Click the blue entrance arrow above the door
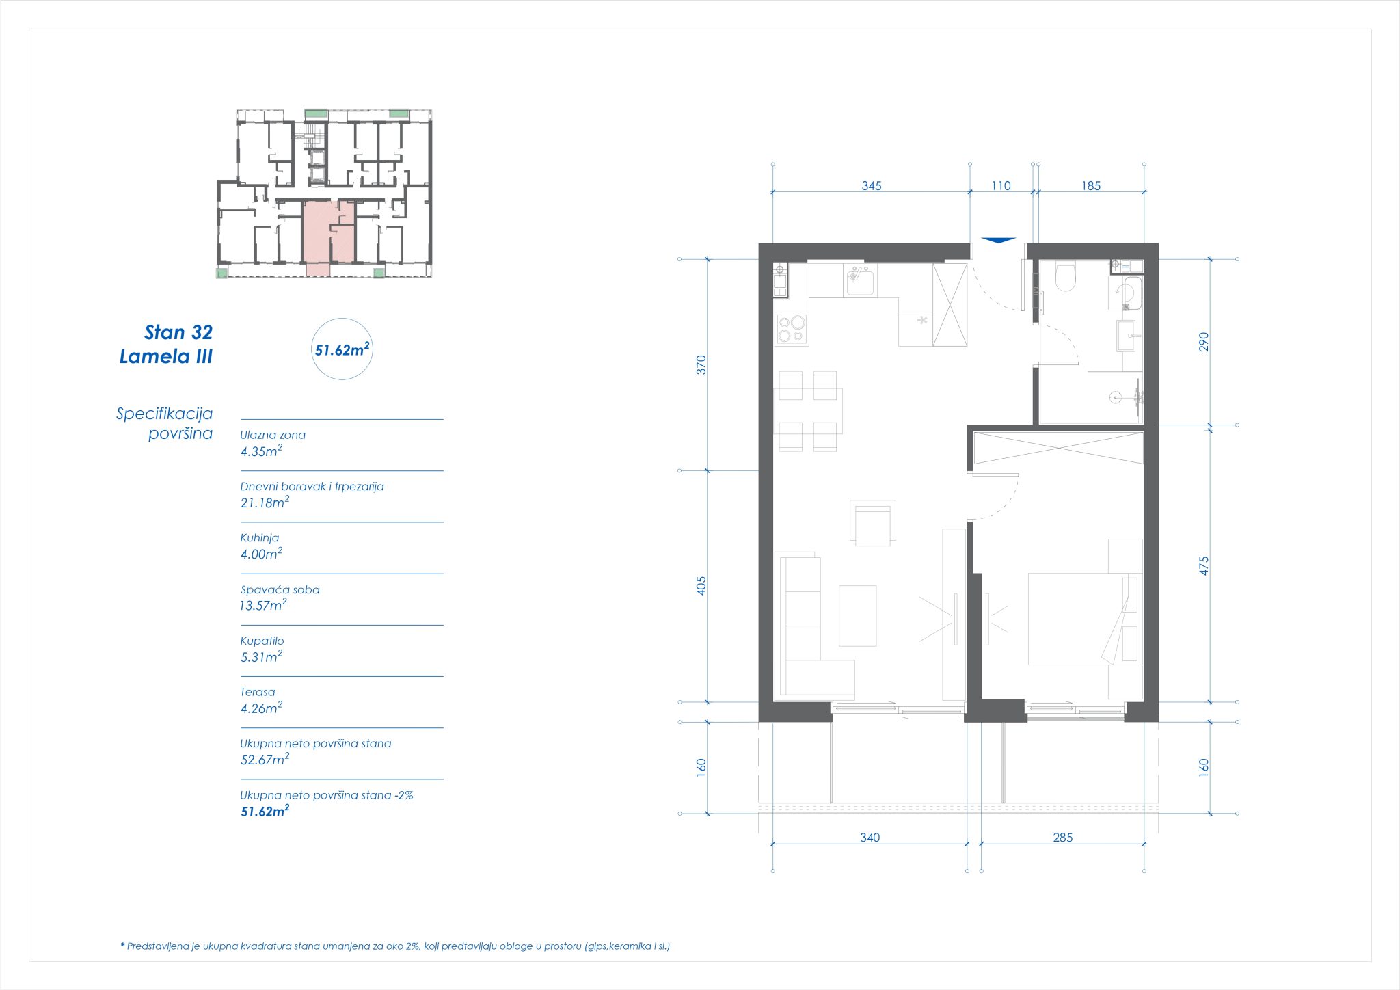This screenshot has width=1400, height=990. tap(998, 240)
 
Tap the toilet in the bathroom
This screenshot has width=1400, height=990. tap(1066, 276)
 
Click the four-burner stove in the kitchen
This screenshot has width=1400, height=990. tap(792, 330)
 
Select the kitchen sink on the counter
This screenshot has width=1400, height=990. tap(861, 280)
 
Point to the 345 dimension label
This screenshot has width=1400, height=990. tap(871, 186)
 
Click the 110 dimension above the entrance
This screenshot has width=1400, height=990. tap(1000, 186)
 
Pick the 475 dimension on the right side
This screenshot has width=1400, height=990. tap(1204, 565)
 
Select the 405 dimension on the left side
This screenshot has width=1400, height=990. tap(701, 585)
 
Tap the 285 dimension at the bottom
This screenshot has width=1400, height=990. tap(1062, 838)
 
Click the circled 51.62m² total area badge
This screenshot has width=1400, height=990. tap(342, 349)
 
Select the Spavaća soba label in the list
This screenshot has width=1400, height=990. tap(280, 589)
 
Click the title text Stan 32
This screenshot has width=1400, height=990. tap(178, 332)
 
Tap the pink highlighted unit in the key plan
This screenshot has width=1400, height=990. tap(321, 236)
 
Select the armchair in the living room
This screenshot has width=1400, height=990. tap(872, 524)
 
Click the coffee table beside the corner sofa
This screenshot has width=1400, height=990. tap(857, 615)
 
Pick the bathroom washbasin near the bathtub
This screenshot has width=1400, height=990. tap(1127, 336)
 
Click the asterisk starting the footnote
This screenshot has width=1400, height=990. tap(122, 946)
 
